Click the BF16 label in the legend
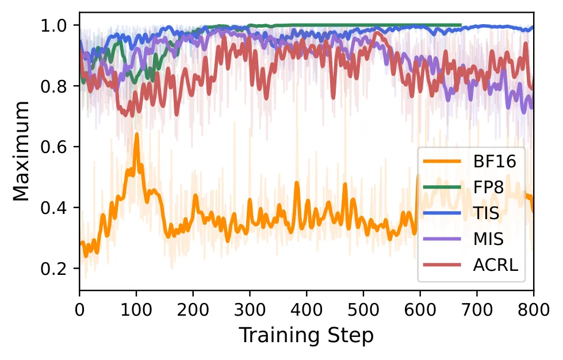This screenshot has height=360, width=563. tap(495, 162)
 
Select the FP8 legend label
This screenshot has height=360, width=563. tap(488, 187)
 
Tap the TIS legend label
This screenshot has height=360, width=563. tap(486, 213)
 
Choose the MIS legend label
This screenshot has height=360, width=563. tap(488, 239)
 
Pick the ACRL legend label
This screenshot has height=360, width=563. tap(496, 265)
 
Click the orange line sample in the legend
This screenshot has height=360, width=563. tap(442, 161)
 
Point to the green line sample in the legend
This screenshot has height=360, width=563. tap(442, 187)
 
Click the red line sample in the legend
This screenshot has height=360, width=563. tap(442, 265)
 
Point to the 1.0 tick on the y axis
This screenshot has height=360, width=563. tap(53, 25)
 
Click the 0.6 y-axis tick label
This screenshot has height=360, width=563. tap(53, 147)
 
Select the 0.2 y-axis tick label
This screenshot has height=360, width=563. tap(53, 269)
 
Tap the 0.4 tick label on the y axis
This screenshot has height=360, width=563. tap(53, 208)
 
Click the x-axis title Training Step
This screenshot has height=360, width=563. tap(307, 336)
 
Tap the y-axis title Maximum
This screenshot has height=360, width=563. tap(21, 151)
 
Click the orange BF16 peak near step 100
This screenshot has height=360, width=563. tap(136, 134)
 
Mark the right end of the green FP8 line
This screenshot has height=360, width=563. tap(461, 25)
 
